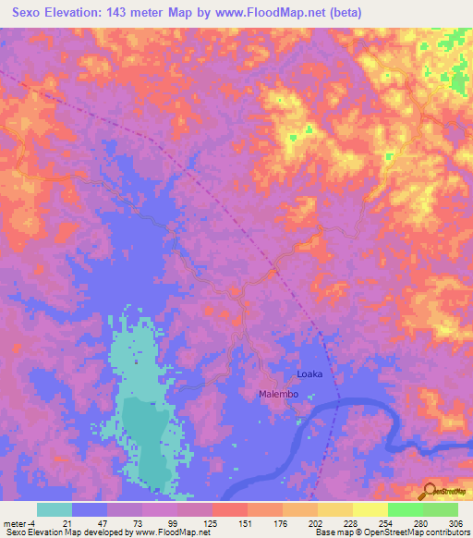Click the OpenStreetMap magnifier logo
[x=430, y=490]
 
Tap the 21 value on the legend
[x=67, y=522]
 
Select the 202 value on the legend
[x=314, y=522]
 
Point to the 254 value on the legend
[x=385, y=522]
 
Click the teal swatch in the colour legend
[x=55, y=509]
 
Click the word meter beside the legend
[x=16, y=522]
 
